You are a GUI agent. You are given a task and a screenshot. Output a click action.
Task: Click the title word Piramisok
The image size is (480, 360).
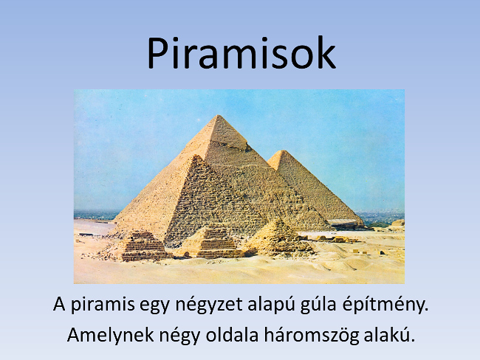pyautogui.click(x=241, y=53)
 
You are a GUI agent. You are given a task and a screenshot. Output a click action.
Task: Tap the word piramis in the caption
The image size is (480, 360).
pyautogui.click(x=103, y=305)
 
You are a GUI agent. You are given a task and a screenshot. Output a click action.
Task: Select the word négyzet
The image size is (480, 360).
pyautogui.click(x=209, y=305)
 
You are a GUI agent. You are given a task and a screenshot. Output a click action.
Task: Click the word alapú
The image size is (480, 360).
pyautogui.click(x=271, y=305)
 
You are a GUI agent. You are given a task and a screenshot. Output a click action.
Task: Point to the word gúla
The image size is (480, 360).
pyautogui.click(x=318, y=305)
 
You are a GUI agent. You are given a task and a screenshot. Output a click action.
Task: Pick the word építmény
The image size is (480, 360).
pyautogui.click(x=385, y=305)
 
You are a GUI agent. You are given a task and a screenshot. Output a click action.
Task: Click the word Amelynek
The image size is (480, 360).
pyautogui.click(x=110, y=335)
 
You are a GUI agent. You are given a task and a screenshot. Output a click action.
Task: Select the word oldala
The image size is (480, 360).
pyautogui.click(x=232, y=335)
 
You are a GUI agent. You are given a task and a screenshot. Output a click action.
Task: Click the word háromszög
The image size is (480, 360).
pyautogui.click(x=312, y=336)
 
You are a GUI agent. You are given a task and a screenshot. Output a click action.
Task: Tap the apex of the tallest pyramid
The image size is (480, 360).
pyautogui.click(x=218, y=115)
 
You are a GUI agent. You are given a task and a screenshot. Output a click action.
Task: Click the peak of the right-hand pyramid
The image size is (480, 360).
pyautogui.click(x=283, y=150)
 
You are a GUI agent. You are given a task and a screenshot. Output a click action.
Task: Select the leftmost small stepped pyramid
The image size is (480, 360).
pyautogui.click(x=143, y=246)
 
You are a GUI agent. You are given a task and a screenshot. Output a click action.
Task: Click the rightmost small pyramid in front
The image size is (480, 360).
pyautogui.click(x=277, y=236)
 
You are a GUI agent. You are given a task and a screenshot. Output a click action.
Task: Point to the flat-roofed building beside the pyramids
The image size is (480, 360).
pyautogui.click(x=342, y=224)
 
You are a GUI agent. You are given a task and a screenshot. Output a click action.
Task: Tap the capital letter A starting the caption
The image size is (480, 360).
pyautogui.click(x=59, y=304)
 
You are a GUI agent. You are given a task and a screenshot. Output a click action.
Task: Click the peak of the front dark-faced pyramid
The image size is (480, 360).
pyautogui.click(x=196, y=156)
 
